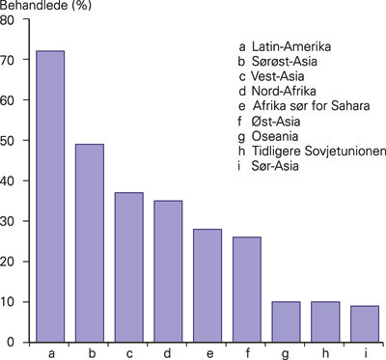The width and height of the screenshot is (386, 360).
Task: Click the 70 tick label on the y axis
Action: (x=11, y=59)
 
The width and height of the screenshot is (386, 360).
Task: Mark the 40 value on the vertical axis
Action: (x=11, y=180)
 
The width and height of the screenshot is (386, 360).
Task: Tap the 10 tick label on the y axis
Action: (x=11, y=301)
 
